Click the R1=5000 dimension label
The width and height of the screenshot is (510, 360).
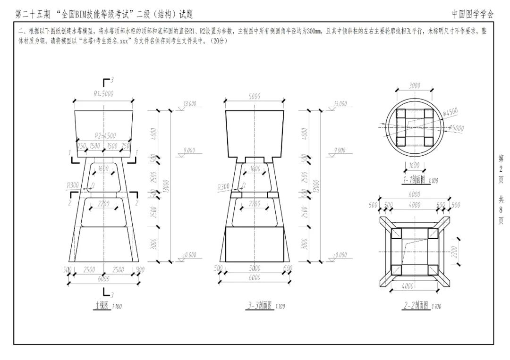pyautogui.click(x=103, y=94)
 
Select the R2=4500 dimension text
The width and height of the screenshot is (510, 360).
pyautogui.click(x=105, y=135)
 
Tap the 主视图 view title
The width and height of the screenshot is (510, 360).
pyautogui.click(x=101, y=306)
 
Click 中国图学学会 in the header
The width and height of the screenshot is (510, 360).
pyautogui.click(x=473, y=14)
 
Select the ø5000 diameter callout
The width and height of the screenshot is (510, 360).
pyautogui.click(x=456, y=127)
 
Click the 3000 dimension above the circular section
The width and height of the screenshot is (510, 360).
pyautogui.click(x=414, y=86)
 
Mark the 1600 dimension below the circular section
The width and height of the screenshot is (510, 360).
pyautogui.click(x=414, y=165)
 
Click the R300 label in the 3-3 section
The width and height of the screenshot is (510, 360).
pyautogui.click(x=224, y=187)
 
